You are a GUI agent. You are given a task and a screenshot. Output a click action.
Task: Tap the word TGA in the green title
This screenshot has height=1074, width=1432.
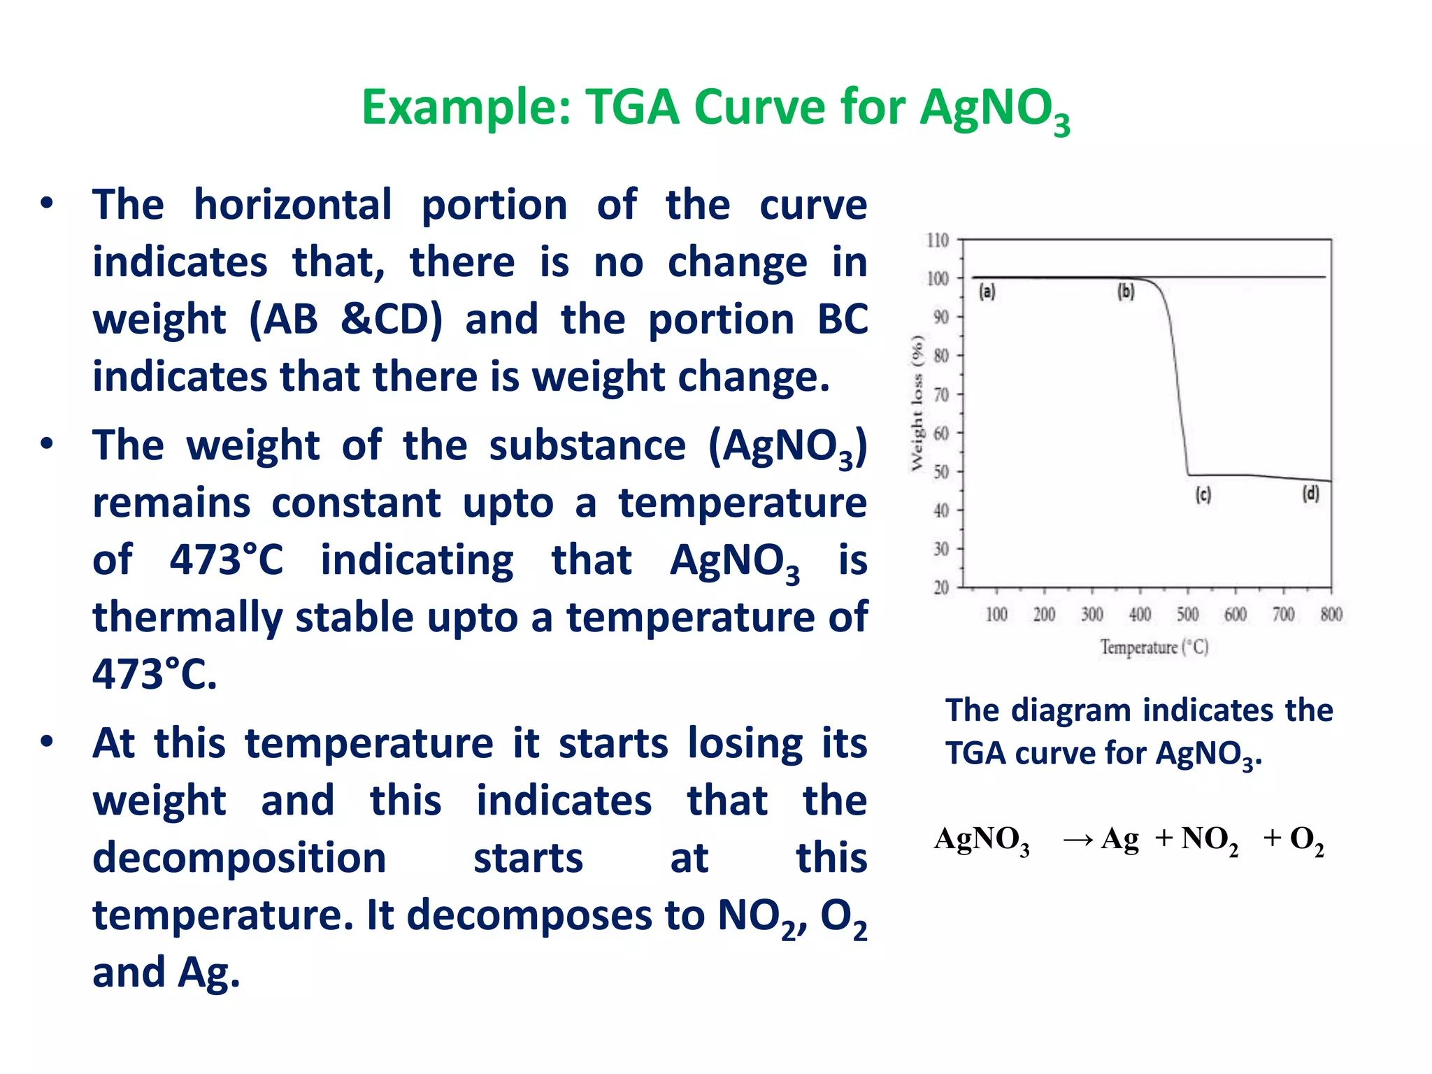[x=632, y=108]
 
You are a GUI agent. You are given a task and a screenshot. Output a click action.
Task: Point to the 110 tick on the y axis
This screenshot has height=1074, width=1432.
[x=938, y=241]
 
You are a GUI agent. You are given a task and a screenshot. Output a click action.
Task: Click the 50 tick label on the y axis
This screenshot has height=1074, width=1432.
[x=941, y=472]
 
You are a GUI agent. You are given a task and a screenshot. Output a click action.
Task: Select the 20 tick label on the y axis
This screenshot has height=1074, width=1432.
[x=941, y=587]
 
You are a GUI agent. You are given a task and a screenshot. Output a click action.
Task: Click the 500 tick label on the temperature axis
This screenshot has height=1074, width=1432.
[x=1187, y=615]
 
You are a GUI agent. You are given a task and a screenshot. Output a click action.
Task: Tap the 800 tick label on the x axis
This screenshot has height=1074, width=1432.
[x=1331, y=615]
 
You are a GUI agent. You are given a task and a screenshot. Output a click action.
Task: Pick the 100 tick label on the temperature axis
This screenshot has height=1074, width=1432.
[x=996, y=615]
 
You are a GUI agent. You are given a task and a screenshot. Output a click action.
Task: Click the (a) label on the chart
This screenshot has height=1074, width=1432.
[x=987, y=291]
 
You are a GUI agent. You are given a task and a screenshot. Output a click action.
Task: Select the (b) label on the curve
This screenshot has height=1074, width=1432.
[x=1126, y=291]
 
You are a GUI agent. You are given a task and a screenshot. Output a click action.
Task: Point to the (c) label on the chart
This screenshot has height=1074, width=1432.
[x=1203, y=495]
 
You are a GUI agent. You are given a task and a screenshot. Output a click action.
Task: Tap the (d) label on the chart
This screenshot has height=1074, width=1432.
[x=1310, y=494]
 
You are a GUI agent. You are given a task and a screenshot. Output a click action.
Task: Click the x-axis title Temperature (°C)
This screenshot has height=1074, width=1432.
[x=1154, y=647]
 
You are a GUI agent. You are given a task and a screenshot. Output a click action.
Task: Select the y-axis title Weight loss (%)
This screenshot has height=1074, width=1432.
[x=917, y=403]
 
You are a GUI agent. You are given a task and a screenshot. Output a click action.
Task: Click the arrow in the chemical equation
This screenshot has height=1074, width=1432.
[x=1077, y=840]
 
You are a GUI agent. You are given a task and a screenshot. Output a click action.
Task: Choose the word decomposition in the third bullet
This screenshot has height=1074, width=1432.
[x=239, y=858]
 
